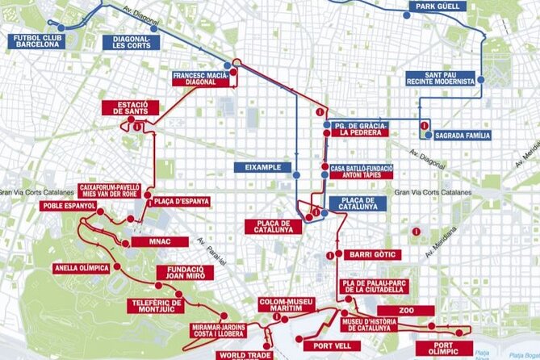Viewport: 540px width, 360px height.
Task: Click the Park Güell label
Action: (x=438, y=6)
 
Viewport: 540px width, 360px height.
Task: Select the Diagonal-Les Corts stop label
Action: (x=127, y=41)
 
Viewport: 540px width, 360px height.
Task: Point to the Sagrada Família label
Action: (x=462, y=136)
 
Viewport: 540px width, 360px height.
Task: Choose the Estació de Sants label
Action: (x=130, y=107)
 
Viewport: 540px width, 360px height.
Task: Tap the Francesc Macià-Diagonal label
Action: (x=200, y=78)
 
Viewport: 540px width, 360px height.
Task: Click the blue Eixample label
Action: (x=262, y=167)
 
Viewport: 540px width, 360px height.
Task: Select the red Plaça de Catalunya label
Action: (x=273, y=227)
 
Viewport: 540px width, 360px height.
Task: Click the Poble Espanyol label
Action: (x=69, y=206)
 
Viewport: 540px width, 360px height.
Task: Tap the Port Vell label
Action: (x=331, y=324)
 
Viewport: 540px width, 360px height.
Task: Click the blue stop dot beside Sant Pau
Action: (x=480, y=79)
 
